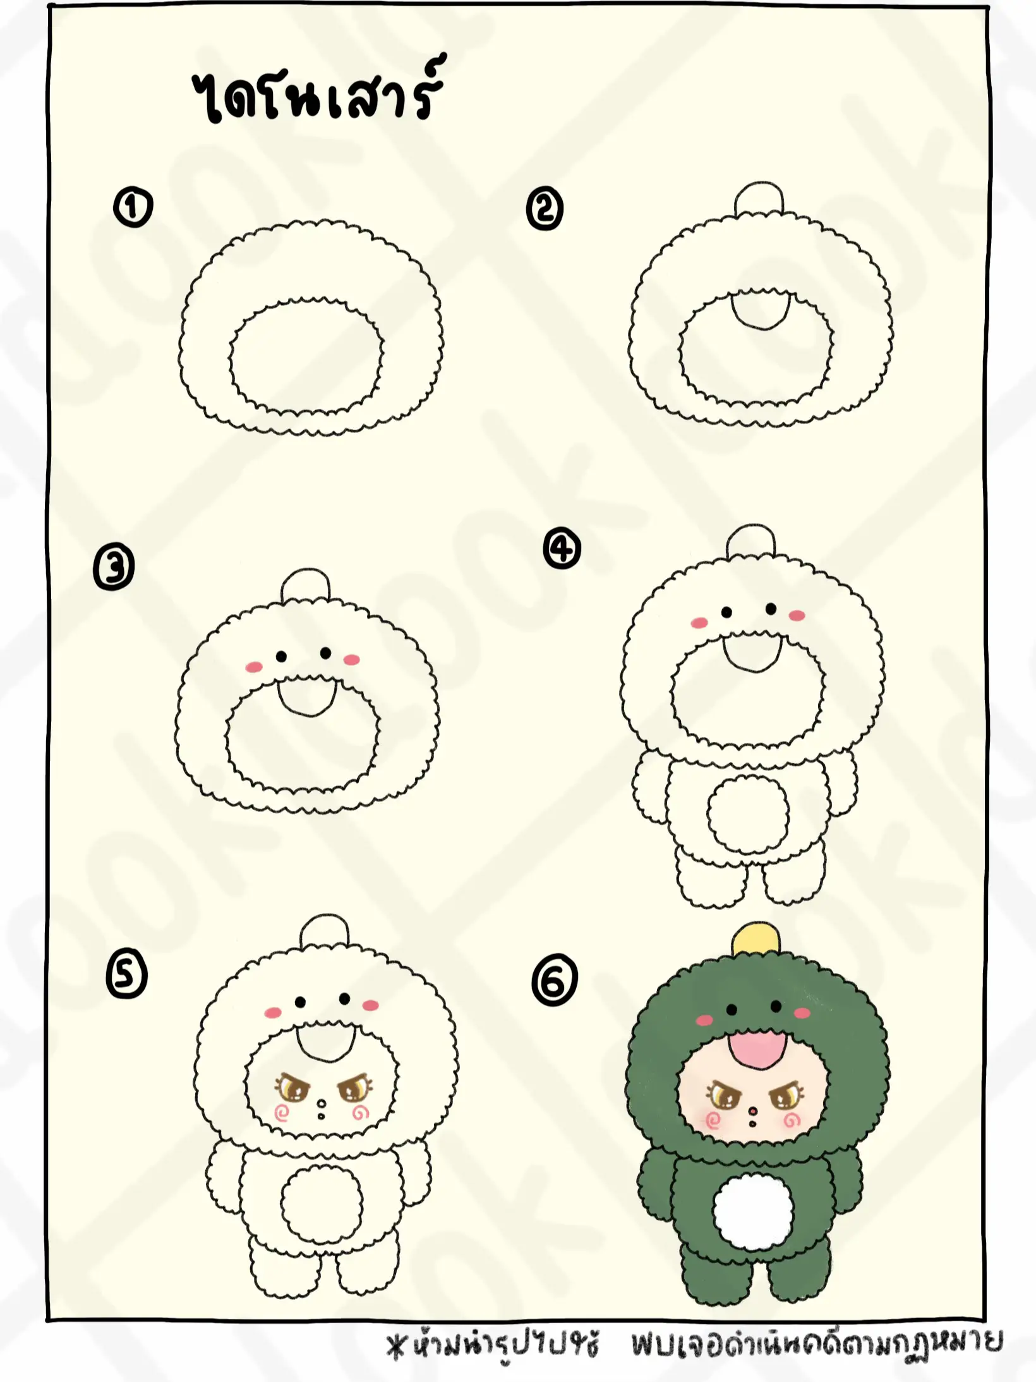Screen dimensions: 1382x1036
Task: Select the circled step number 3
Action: point(114,567)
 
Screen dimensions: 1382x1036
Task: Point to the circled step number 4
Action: point(562,550)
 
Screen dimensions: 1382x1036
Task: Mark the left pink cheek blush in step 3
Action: point(253,667)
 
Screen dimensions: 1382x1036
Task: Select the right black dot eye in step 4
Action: point(771,609)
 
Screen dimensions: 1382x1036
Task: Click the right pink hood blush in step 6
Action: point(802,1013)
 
